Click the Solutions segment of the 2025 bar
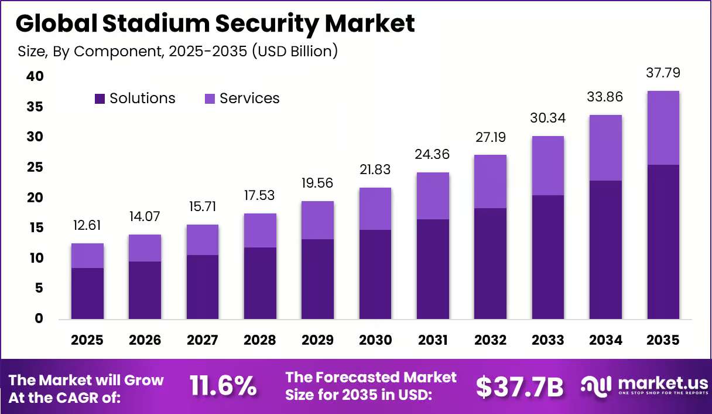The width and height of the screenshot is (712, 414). pyautogui.click(x=87, y=293)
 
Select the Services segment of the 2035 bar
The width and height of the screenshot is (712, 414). pyautogui.click(x=663, y=128)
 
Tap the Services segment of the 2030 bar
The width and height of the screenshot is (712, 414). pyautogui.click(x=375, y=209)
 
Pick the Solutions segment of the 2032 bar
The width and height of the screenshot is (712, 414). pyautogui.click(x=490, y=263)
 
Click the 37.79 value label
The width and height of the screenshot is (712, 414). pyautogui.click(x=663, y=73)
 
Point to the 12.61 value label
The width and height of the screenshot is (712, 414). pyautogui.click(x=87, y=225)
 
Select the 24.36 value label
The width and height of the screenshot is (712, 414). pyautogui.click(x=432, y=154)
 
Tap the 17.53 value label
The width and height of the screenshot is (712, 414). pyautogui.click(x=259, y=195)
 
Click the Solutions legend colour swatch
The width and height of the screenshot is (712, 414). pyautogui.click(x=100, y=99)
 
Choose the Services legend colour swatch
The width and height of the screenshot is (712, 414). pyautogui.click(x=210, y=99)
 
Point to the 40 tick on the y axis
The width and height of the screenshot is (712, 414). pyautogui.click(x=35, y=76)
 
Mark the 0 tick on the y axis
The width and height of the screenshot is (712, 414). pyautogui.click(x=39, y=318)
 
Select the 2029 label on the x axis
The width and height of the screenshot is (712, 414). pyautogui.click(x=317, y=340)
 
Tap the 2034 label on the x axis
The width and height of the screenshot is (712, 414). pyautogui.click(x=605, y=340)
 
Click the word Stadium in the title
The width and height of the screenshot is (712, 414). pyautogui.click(x=156, y=23)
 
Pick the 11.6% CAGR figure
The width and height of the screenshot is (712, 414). pyautogui.click(x=223, y=386)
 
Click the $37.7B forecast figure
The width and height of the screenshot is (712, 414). pyautogui.click(x=520, y=387)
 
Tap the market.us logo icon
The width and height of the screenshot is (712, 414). pyautogui.click(x=596, y=387)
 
